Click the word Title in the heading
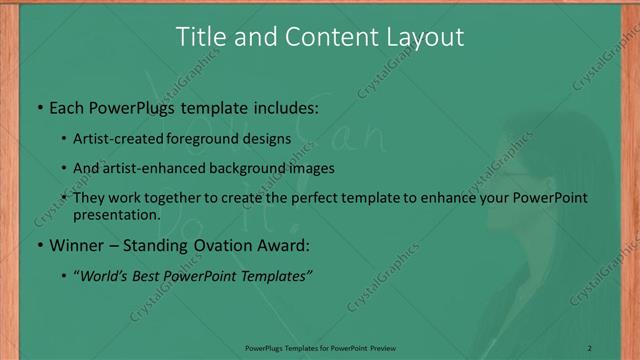(x=199, y=38)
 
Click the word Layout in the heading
(x=428, y=38)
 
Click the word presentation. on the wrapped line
(x=116, y=214)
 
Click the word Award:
(x=286, y=244)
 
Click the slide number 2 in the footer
(x=590, y=348)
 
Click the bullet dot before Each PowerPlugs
(x=38, y=107)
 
